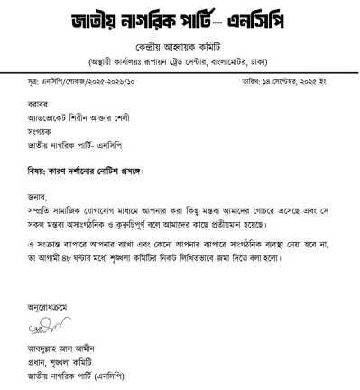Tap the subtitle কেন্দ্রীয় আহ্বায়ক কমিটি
point(180,45)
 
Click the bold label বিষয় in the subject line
point(37,171)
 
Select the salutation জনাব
point(37,191)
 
